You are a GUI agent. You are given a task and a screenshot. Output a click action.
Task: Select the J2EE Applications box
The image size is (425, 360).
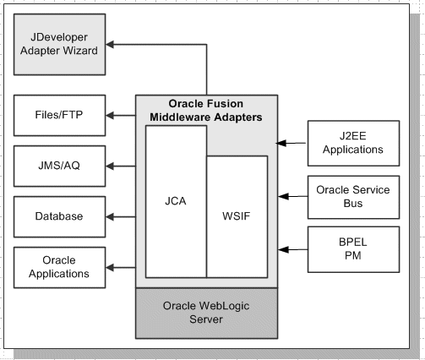(351, 143)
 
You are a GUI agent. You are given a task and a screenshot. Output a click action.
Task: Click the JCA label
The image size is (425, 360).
(176, 202)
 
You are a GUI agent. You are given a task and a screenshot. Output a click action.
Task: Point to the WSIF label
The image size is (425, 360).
(237, 215)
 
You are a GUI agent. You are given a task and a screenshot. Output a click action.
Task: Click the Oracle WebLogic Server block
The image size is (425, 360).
(206, 313)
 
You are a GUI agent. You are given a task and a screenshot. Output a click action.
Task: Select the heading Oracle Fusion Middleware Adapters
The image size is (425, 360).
(207, 110)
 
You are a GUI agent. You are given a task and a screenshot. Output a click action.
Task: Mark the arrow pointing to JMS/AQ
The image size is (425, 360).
(120, 166)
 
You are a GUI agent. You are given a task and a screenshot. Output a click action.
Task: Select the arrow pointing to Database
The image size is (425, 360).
(120, 216)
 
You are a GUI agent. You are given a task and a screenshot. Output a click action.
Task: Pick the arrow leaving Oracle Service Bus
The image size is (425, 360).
(289, 196)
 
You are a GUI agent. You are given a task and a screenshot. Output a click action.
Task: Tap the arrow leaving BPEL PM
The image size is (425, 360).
(289, 248)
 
